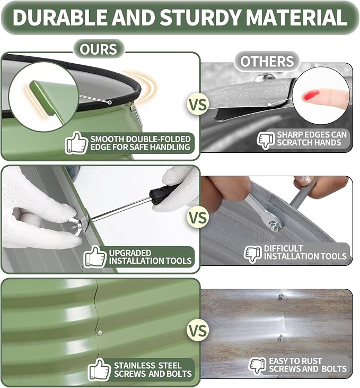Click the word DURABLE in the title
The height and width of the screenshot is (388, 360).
[59, 17]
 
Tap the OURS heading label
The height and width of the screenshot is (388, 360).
[99, 49]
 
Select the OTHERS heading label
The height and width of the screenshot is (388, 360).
[267, 61]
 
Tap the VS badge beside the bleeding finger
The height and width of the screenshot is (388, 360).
[198, 105]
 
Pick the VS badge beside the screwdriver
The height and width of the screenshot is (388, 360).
[198, 217]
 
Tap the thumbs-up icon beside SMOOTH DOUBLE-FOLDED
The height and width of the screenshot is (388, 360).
[77, 143]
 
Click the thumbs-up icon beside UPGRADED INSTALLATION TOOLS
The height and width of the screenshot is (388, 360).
[95, 256]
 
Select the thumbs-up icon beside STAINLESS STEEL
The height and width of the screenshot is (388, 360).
[99, 369]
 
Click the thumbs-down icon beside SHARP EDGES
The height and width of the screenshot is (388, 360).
[266, 140]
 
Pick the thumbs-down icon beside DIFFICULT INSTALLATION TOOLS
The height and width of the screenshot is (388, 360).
[253, 254]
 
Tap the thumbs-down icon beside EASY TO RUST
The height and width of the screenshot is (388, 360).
[257, 365]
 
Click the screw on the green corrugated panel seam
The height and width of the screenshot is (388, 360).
[99, 333]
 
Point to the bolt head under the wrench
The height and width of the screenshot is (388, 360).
[274, 226]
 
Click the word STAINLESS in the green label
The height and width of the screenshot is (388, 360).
[134, 366]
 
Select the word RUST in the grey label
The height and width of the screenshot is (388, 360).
[311, 361]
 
